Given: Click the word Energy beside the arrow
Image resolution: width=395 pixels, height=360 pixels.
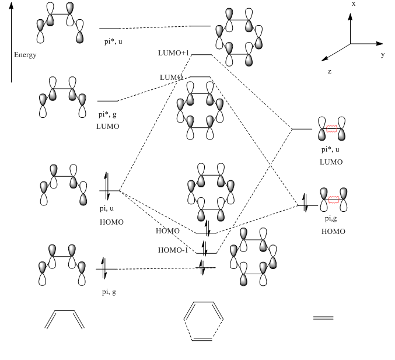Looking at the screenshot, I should coord(26,55).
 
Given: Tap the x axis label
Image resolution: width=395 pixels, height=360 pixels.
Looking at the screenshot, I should coord(354,4).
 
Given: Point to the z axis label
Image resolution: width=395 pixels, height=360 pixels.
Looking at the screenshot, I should coord(330,71).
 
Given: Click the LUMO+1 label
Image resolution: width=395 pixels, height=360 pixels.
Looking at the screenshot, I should coord(174,53).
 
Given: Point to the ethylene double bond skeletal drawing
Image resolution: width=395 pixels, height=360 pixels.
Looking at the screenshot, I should coord(323,317).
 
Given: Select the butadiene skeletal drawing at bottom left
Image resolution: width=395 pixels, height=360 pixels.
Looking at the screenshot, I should coord(65,319).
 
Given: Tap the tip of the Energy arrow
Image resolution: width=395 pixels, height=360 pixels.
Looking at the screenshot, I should coord(11,6).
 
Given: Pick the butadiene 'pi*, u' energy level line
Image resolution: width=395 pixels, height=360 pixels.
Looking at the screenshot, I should coord(110,28).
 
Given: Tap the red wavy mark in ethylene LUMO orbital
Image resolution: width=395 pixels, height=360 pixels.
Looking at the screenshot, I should coord(333,127).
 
